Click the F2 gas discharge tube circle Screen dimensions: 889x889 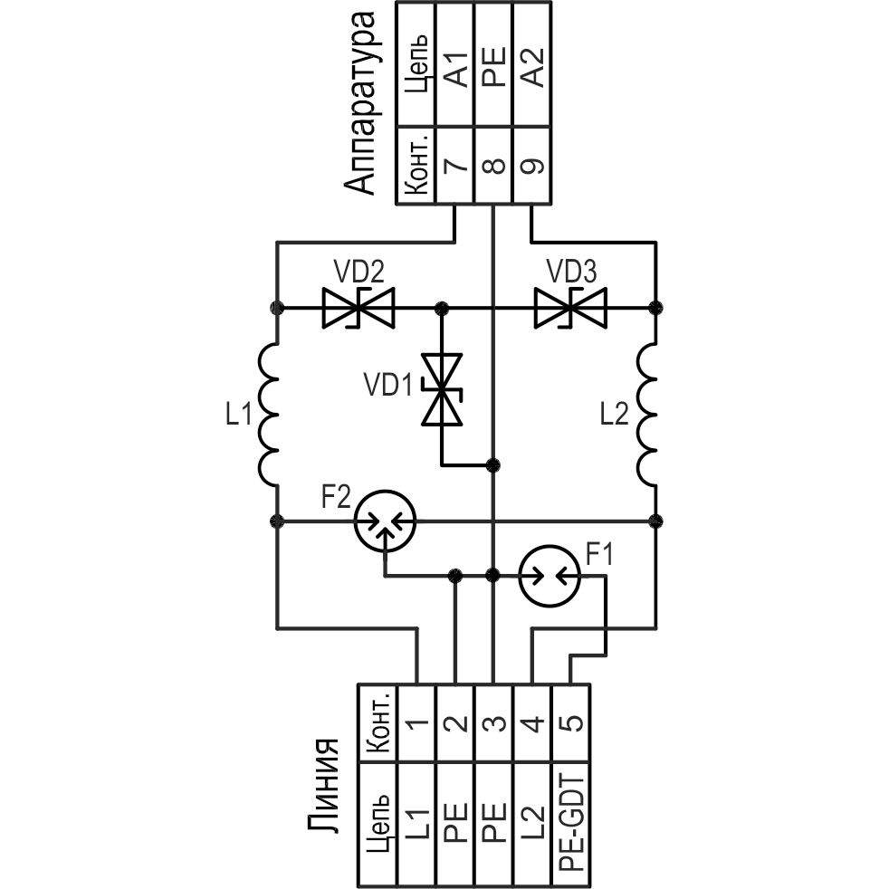(385, 521)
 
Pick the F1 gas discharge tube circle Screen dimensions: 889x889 (550, 575)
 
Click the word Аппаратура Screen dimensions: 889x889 (361, 100)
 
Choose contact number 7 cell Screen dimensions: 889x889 (455, 166)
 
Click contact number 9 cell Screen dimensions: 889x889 (532, 166)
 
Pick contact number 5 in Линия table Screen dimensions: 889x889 (571, 723)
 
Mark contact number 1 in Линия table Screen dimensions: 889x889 (416, 723)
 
